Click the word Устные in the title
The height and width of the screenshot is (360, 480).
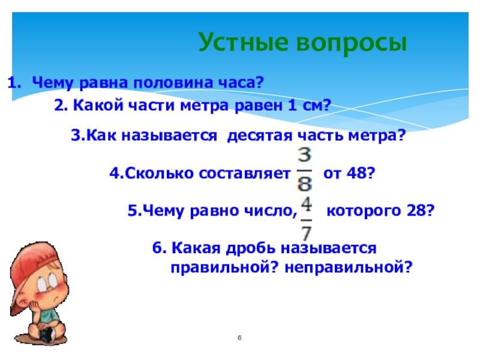[x=244, y=42]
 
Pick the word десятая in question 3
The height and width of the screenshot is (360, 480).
[x=260, y=136]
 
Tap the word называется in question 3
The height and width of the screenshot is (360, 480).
[x=169, y=136]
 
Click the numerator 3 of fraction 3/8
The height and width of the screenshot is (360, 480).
[x=304, y=155]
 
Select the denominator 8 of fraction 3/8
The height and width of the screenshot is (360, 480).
[x=305, y=184]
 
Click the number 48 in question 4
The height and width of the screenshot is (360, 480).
[x=356, y=173]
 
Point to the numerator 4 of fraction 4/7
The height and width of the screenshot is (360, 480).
[x=306, y=205]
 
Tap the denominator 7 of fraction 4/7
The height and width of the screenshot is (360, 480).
[x=307, y=233]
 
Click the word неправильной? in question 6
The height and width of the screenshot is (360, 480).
[x=349, y=268]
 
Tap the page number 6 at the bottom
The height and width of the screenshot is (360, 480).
[x=239, y=338]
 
